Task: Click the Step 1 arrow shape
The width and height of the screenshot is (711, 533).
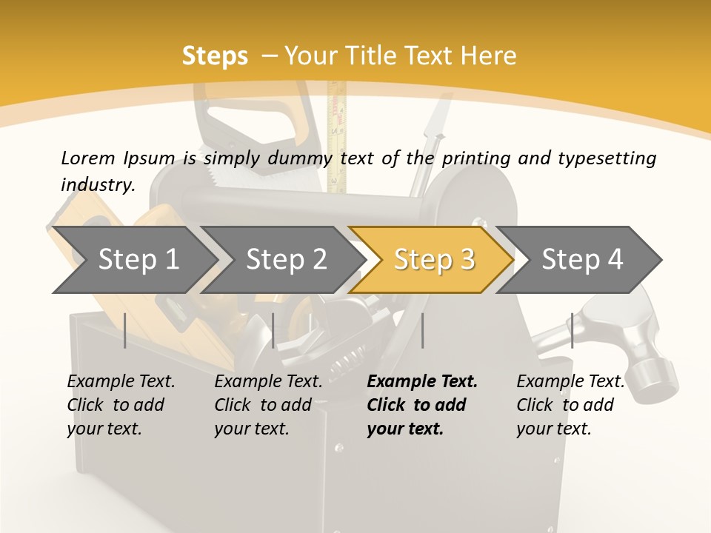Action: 138,260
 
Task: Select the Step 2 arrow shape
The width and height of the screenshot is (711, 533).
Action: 286,260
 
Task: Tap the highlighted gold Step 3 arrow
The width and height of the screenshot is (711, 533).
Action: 434,260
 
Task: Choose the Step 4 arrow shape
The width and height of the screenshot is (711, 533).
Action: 582,260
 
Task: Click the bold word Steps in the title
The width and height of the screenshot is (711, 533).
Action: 215,56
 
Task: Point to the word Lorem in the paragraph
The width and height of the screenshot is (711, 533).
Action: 87,158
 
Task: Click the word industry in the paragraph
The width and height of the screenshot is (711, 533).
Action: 97,185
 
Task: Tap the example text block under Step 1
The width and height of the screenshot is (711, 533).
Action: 121,405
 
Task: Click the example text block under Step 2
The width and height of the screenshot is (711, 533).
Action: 268,405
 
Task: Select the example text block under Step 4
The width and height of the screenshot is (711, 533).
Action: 570,405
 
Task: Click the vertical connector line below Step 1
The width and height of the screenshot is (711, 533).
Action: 125,330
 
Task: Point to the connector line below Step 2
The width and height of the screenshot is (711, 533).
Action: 273,330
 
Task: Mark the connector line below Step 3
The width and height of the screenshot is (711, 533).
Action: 423,330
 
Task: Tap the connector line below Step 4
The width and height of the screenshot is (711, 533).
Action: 572,330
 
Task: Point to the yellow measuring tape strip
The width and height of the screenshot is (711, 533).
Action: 338,133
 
